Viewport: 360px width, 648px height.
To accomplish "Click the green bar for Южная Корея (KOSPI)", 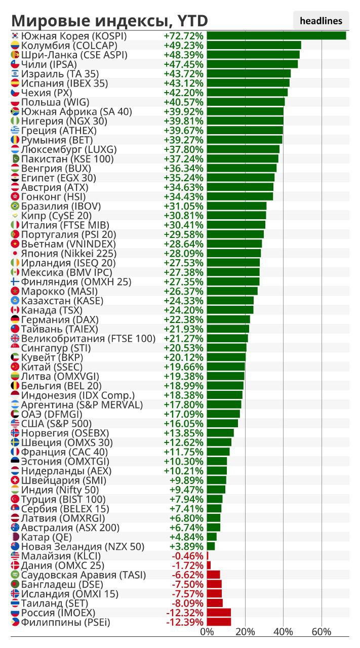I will (276, 35).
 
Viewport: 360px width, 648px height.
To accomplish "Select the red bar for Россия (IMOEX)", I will (219, 613).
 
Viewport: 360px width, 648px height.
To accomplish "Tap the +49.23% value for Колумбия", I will (184, 45).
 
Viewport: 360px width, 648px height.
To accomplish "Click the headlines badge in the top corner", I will (321, 21).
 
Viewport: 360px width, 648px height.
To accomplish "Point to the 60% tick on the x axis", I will (322, 632).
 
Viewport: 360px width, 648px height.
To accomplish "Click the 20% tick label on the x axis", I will (245, 632).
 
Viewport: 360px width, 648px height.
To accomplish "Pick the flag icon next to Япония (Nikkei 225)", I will (15, 253).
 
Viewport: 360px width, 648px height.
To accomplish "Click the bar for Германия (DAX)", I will (228, 319).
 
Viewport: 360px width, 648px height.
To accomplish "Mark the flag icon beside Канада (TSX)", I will (15, 310).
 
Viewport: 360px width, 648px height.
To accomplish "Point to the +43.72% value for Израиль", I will (184, 73).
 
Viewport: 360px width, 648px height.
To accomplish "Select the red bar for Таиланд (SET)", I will (215, 603).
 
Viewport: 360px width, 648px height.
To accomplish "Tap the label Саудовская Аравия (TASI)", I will (84, 575).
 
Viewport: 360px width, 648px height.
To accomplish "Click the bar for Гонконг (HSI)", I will (239, 196).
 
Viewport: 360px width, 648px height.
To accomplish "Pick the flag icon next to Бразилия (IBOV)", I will (15, 206).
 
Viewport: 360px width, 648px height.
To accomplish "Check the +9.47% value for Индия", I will (186, 490).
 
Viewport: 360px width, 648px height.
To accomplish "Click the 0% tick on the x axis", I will (207, 632).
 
